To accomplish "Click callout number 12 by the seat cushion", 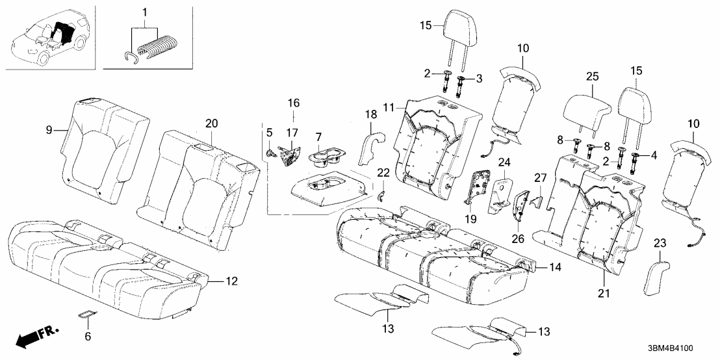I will (x=232, y=281).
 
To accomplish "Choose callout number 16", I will (x=293, y=103).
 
